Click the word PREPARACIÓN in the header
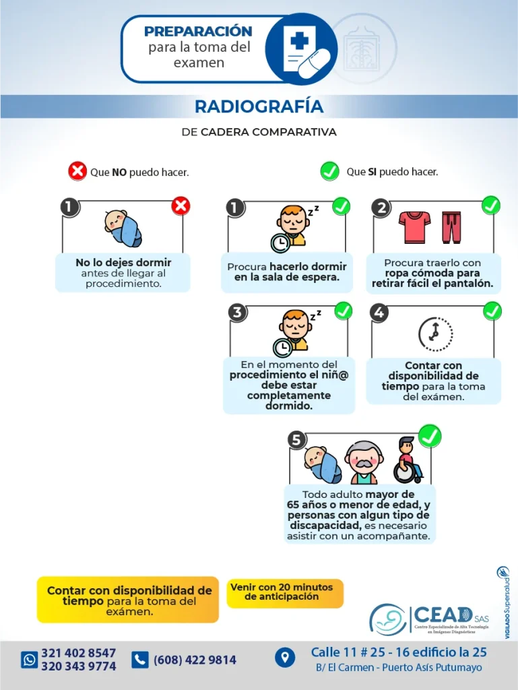coord(198,31)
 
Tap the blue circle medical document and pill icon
coord(300,49)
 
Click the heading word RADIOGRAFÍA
coord(259,106)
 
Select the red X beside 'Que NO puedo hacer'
coord(77,171)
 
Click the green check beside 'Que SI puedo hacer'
coord(329,171)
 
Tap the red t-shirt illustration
coord(414,227)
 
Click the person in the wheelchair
coord(406,461)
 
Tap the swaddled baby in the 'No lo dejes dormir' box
coord(123,228)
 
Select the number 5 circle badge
coord(296,440)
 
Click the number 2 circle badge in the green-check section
coord(381,207)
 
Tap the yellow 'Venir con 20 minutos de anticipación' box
coord(284,592)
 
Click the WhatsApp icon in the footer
coord(29,659)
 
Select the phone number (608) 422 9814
coord(195,660)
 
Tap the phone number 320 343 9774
coord(78,666)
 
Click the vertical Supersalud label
coord(505,603)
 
